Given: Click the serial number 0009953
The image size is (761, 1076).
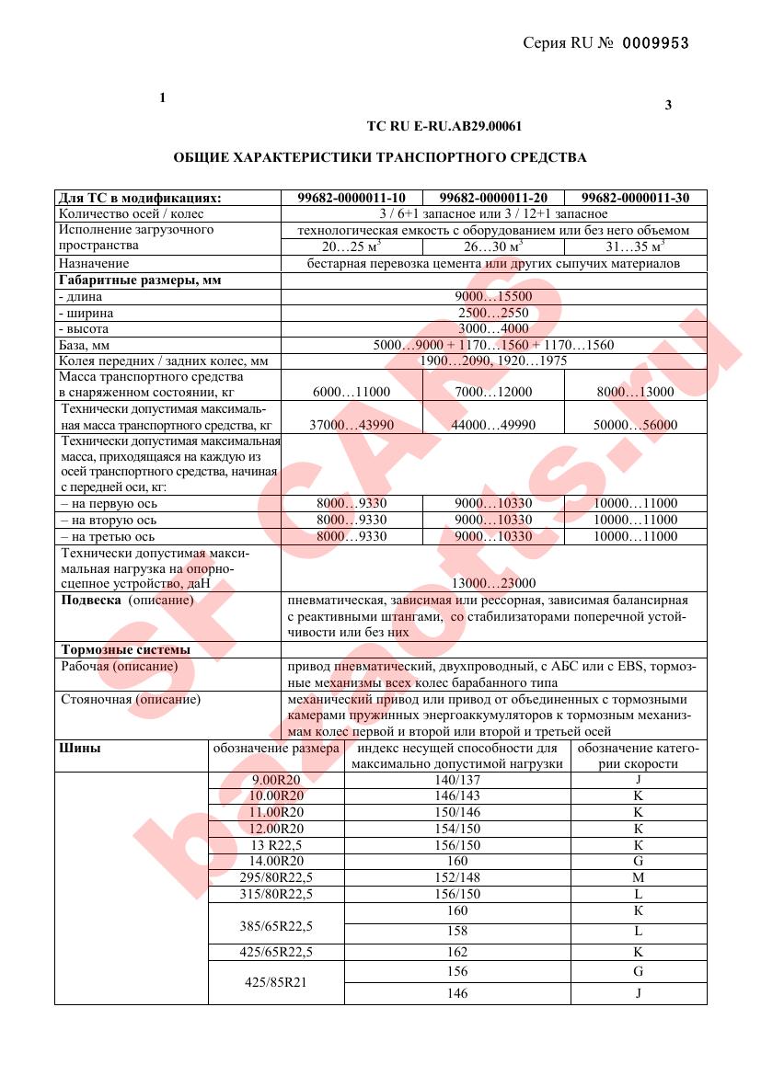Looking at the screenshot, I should [656, 43].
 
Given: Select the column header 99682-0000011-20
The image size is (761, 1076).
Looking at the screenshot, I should [493, 198].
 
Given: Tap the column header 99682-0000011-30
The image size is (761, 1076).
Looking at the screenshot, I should [635, 198].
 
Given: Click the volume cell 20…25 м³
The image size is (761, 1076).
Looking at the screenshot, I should [352, 247].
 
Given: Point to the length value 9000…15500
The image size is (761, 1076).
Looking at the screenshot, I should [493, 297].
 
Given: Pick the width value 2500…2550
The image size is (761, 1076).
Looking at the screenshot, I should [493, 314].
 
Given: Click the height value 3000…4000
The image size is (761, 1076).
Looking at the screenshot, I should [493, 329].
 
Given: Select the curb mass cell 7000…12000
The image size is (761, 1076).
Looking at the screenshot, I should [493, 392].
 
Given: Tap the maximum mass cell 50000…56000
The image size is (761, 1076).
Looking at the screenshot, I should [635, 425].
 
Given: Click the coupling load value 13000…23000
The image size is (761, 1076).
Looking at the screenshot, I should [493, 583].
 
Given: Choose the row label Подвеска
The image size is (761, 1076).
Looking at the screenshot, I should [90, 601].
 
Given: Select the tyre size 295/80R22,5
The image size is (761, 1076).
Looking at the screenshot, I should [276, 877].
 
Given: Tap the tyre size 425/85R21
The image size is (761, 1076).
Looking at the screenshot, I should [276, 982].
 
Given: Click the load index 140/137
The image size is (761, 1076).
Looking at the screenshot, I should [456, 780].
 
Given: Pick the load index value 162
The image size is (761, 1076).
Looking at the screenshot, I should [456, 952].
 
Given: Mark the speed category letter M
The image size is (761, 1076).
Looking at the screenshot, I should [637, 877].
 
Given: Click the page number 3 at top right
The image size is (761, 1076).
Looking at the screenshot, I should [668, 105].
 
